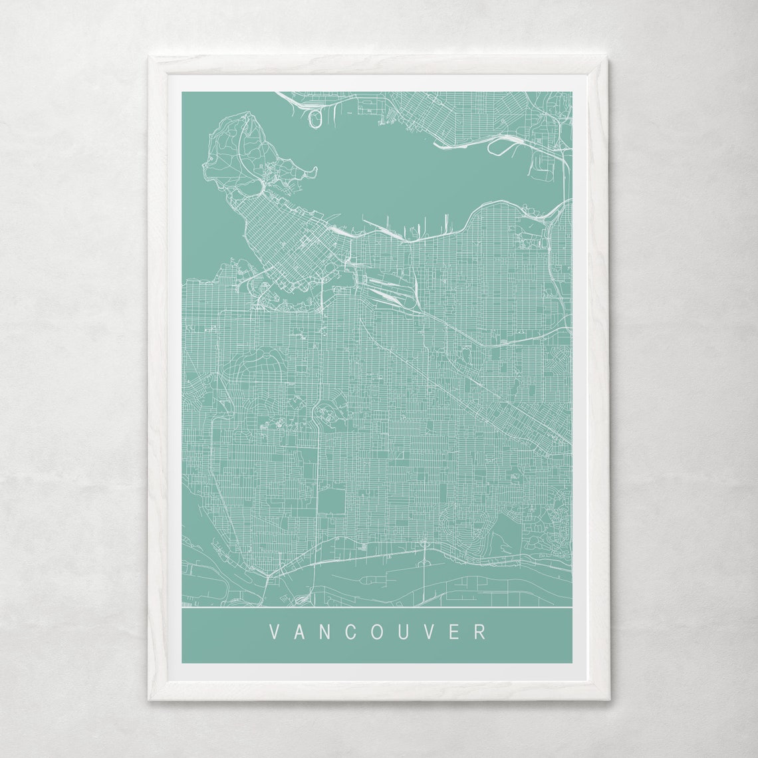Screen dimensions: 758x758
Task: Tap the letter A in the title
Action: click(300, 631)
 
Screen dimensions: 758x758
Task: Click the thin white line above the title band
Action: click(377, 608)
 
